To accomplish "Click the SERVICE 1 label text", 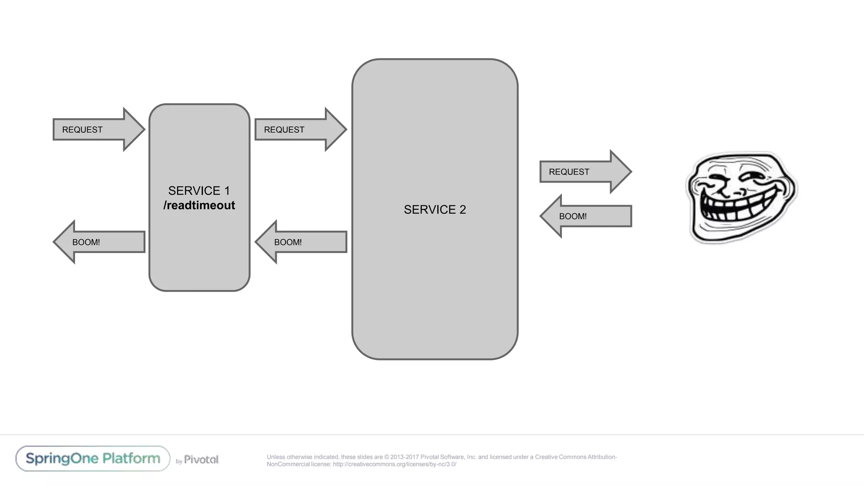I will point(199,191).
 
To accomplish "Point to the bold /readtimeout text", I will point(199,205).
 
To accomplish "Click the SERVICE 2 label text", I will point(435,210).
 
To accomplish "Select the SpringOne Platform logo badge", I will point(93,459).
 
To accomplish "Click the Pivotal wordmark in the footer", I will point(201,459).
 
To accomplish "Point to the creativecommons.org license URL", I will point(394,464).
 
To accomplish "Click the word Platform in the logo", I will point(131,459).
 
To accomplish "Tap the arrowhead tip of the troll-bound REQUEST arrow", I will point(630,172).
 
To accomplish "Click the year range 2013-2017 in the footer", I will point(404,457).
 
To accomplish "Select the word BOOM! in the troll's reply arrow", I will point(572,216).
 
